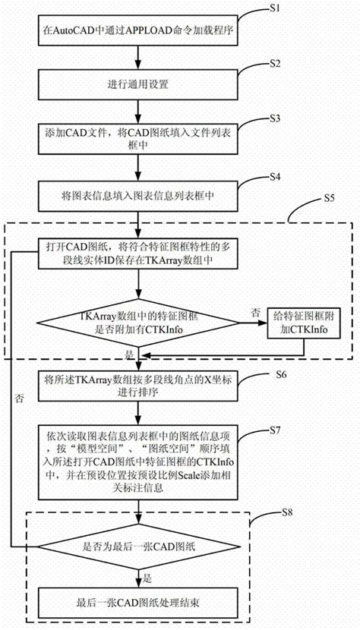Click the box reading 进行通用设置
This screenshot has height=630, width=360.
pos(137,85)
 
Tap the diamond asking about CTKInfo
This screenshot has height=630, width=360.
pos(137,323)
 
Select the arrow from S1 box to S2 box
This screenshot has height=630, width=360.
pos(137,57)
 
